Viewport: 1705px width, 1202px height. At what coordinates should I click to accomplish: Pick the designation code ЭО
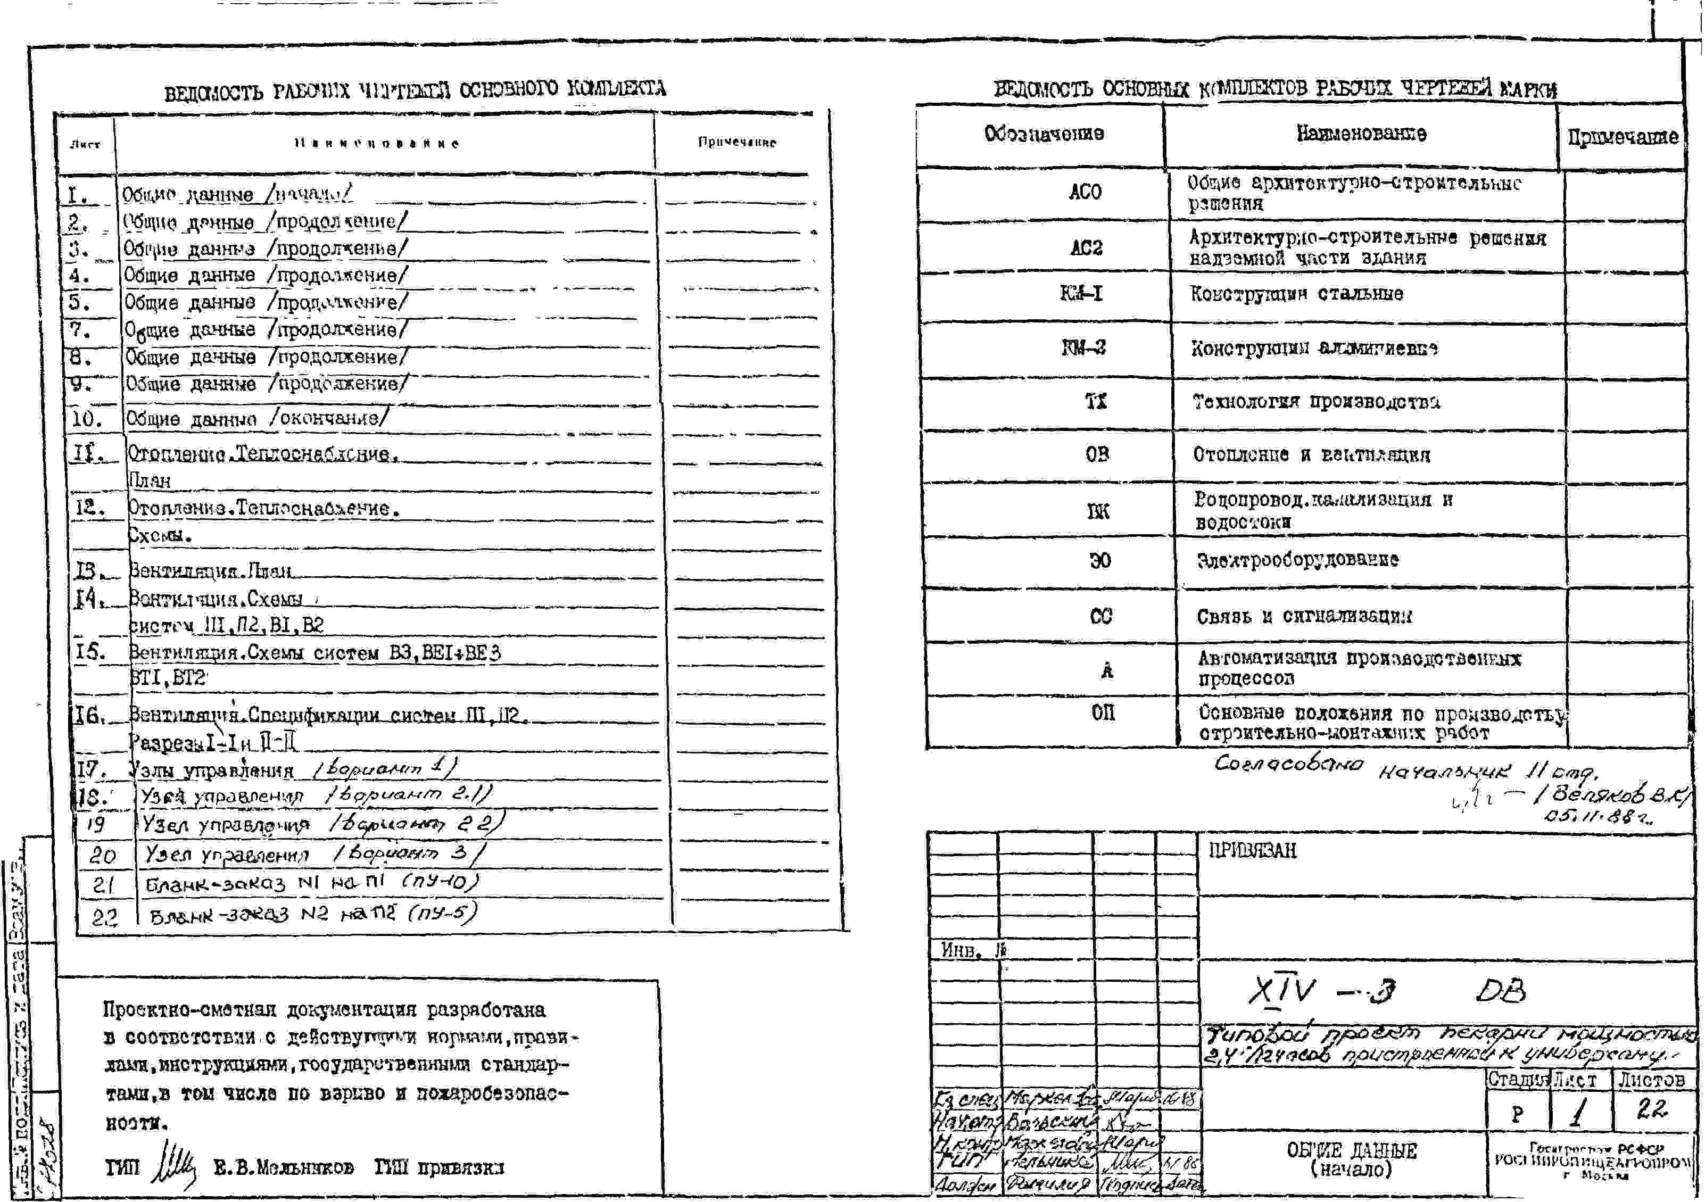tap(1100, 560)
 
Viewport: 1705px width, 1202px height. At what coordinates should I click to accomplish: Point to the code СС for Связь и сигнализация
tap(1100, 616)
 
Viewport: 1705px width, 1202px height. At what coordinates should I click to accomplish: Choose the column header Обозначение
tap(1044, 134)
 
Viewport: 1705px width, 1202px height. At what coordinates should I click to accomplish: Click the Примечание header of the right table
tap(1623, 137)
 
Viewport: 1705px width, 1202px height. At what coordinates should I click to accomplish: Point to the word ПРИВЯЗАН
tap(1252, 850)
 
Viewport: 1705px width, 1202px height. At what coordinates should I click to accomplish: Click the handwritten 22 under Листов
tap(1652, 1110)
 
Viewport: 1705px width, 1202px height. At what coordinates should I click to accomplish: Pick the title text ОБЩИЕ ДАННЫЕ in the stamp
tap(1352, 1151)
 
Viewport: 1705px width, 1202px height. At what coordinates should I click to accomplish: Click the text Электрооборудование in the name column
tap(1297, 560)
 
